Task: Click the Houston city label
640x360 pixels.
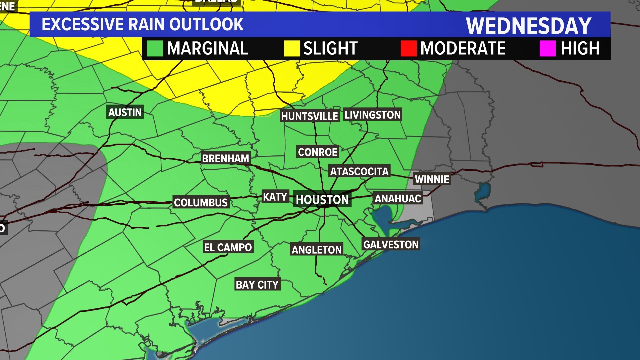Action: (322, 200)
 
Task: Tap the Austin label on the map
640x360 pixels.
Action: (125, 112)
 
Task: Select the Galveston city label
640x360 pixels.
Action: (391, 245)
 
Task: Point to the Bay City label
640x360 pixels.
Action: (257, 285)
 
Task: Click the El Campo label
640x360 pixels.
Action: (228, 247)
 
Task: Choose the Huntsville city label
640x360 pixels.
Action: (309, 116)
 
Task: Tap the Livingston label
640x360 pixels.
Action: (372, 115)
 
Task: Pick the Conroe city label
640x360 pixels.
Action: (317, 152)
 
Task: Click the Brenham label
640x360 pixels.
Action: (226, 158)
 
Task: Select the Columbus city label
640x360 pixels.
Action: (201, 202)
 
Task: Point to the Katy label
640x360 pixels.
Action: (275, 197)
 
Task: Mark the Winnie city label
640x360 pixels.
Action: (432, 179)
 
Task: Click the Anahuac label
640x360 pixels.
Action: (398, 199)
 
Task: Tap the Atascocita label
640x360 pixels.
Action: (359, 172)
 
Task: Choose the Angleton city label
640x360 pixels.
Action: (317, 250)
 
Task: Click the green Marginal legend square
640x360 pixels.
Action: (155, 49)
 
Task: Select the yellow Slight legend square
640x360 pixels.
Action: (292, 49)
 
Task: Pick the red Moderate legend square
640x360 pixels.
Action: (408, 49)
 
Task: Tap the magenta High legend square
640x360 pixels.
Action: (548, 49)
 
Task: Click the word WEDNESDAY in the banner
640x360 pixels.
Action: (528, 26)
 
